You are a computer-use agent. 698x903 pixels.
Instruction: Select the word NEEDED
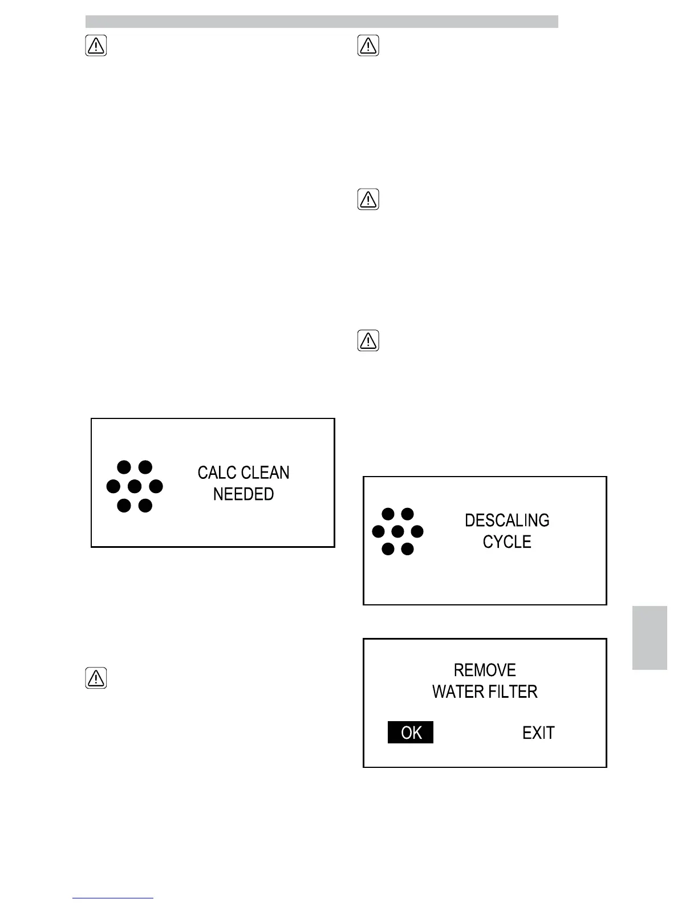244,494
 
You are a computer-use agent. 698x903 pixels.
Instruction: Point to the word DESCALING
507,520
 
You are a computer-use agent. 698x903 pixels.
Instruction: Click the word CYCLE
507,542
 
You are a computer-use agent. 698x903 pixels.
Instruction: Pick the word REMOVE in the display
485,670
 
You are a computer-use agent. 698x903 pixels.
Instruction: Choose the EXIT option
538,733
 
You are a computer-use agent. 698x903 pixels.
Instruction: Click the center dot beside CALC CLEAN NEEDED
135,486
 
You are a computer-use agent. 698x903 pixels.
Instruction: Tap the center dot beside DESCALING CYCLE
398,532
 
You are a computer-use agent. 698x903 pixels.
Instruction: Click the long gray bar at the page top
322,22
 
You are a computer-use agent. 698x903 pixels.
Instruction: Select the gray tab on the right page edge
650,637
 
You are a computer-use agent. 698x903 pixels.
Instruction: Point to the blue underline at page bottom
113,898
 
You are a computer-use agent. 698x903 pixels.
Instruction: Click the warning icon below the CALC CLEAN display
96,678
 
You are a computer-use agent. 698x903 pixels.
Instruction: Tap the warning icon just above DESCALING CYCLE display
368,341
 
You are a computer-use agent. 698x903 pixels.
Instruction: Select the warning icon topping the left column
96,46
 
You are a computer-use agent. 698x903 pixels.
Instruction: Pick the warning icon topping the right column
368,46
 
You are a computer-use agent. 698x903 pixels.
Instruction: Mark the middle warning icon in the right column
368,200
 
